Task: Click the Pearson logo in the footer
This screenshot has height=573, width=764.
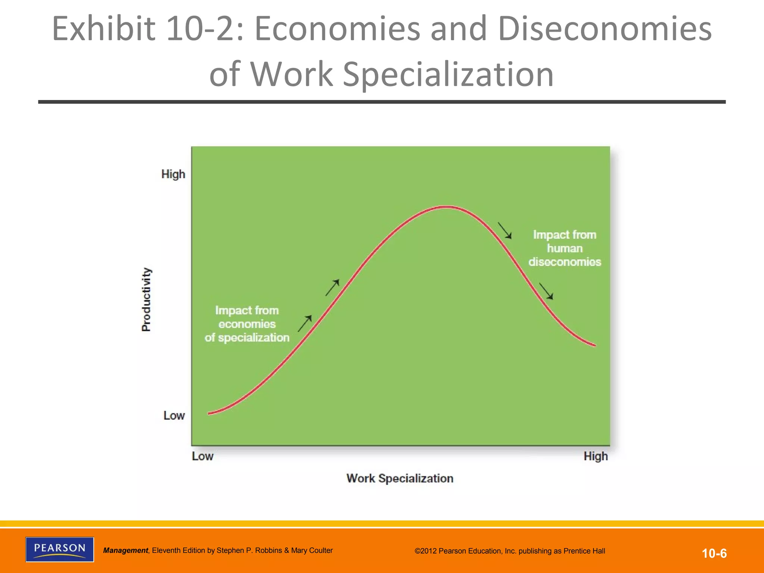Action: click(x=60, y=549)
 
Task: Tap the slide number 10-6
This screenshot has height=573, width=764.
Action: click(x=714, y=553)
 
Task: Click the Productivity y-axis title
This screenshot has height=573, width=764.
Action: click(x=147, y=300)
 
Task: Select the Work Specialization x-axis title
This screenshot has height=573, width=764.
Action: click(x=400, y=478)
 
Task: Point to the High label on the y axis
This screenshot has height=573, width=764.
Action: click(x=173, y=174)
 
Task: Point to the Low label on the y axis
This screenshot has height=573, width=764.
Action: click(x=174, y=415)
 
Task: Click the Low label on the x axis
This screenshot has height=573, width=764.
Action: click(x=203, y=456)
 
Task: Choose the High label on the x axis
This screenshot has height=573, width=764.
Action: click(x=595, y=456)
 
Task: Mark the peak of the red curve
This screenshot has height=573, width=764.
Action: click(x=446, y=207)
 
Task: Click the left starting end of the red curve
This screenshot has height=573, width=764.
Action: click(x=209, y=413)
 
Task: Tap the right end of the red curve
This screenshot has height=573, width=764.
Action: click(x=595, y=345)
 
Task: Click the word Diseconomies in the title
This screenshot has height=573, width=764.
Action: click(x=604, y=29)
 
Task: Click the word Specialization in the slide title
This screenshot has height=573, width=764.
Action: click(x=448, y=74)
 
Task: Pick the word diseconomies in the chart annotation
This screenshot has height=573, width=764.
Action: click(x=564, y=262)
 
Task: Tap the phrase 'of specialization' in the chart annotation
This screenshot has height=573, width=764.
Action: click(x=247, y=338)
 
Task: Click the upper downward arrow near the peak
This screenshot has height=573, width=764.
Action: click(x=505, y=231)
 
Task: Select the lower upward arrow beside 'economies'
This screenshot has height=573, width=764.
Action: click(x=305, y=323)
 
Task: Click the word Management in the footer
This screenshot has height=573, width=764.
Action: click(x=125, y=550)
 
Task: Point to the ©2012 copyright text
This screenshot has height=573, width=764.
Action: click(x=510, y=551)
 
